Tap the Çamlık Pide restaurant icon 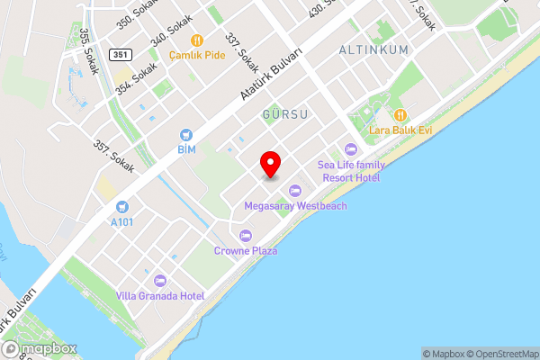pos(195,40)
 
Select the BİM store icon pos(186,133)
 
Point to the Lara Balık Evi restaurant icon pos(400,115)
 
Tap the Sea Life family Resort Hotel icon pos(351,148)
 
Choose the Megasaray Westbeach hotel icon pos(295,190)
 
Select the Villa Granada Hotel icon pos(160,280)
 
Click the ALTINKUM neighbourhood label pos(374,50)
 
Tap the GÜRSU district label pos(286,115)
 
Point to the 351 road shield pos(121,55)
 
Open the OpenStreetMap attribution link pos(499,354)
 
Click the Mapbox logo pos(40,348)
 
